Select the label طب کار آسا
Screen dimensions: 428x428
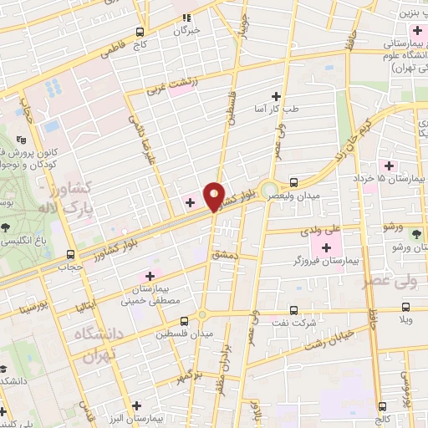tap(276, 110)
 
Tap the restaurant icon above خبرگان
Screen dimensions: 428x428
tap(187, 16)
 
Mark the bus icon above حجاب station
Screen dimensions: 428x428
tap(70, 253)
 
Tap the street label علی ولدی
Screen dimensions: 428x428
tap(317, 226)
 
